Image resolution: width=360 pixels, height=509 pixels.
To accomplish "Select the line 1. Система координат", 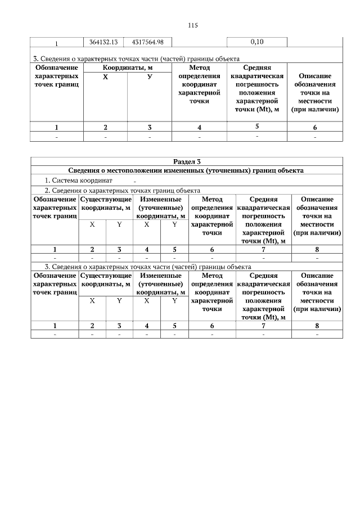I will (x=79, y=181).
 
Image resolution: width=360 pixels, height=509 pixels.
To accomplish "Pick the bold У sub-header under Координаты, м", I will (x=149, y=76).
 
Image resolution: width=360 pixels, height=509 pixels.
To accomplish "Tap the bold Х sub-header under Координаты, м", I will (x=105, y=76).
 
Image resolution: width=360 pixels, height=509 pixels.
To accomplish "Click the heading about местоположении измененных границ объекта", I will (x=186, y=170).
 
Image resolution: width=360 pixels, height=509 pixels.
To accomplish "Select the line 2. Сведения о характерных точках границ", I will (x=123, y=191).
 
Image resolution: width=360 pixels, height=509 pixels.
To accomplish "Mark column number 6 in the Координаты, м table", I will (x=315, y=128).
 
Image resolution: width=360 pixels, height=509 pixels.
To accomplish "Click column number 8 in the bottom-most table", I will (x=317, y=325).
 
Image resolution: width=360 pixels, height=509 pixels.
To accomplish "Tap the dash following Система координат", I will (x=135, y=182).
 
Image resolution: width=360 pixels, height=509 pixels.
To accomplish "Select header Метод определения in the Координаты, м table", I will (x=199, y=84).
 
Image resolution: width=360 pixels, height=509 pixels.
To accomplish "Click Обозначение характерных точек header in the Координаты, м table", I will (x=56, y=76).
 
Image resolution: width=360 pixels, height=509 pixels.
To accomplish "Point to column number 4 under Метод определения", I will (x=199, y=128).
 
